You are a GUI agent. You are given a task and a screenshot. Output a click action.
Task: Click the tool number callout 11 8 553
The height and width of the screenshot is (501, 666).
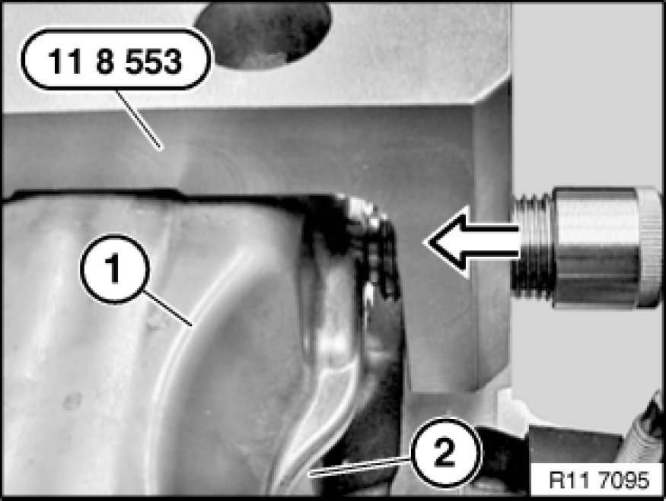coord(116,59)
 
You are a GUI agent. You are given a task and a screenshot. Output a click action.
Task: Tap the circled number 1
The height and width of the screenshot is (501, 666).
coord(115,269)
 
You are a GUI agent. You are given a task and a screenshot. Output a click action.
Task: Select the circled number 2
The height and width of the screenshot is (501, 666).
coord(445,452)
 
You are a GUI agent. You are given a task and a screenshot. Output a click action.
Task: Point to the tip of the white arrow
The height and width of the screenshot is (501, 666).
coord(424,243)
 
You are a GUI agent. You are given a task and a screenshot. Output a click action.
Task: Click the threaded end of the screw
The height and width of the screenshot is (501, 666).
coord(533,246)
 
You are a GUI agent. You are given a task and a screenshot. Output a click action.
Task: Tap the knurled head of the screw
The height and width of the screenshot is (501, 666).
coord(650,247)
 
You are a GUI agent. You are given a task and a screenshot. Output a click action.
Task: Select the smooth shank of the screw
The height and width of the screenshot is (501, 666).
coord(595,247)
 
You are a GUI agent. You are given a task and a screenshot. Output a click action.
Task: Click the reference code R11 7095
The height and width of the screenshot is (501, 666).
coord(599,480)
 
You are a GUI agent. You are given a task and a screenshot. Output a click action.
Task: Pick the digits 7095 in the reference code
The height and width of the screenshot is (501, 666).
coord(624,480)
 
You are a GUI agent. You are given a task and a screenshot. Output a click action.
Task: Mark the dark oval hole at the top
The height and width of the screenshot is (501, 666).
coord(263,33)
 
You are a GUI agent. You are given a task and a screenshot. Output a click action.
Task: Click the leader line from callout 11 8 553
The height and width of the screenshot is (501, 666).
coord(139,119)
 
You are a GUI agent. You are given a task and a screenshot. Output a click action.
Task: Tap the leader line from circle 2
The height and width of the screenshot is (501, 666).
coord(360,466)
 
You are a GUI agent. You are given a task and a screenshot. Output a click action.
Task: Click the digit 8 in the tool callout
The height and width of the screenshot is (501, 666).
coord(106,61)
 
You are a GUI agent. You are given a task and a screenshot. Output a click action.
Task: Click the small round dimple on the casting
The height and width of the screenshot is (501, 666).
coord(72,401)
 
